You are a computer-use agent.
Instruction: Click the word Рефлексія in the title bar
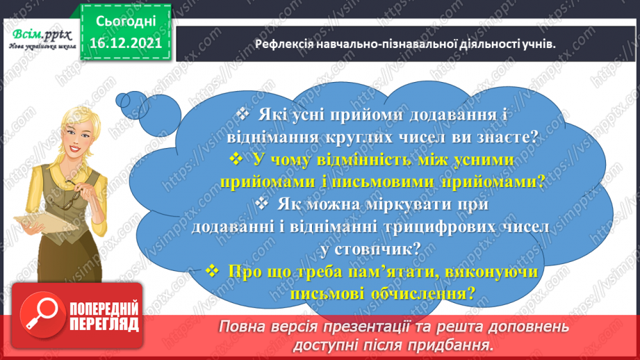(281, 44)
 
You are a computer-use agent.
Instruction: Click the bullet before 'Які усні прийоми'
(242, 115)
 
